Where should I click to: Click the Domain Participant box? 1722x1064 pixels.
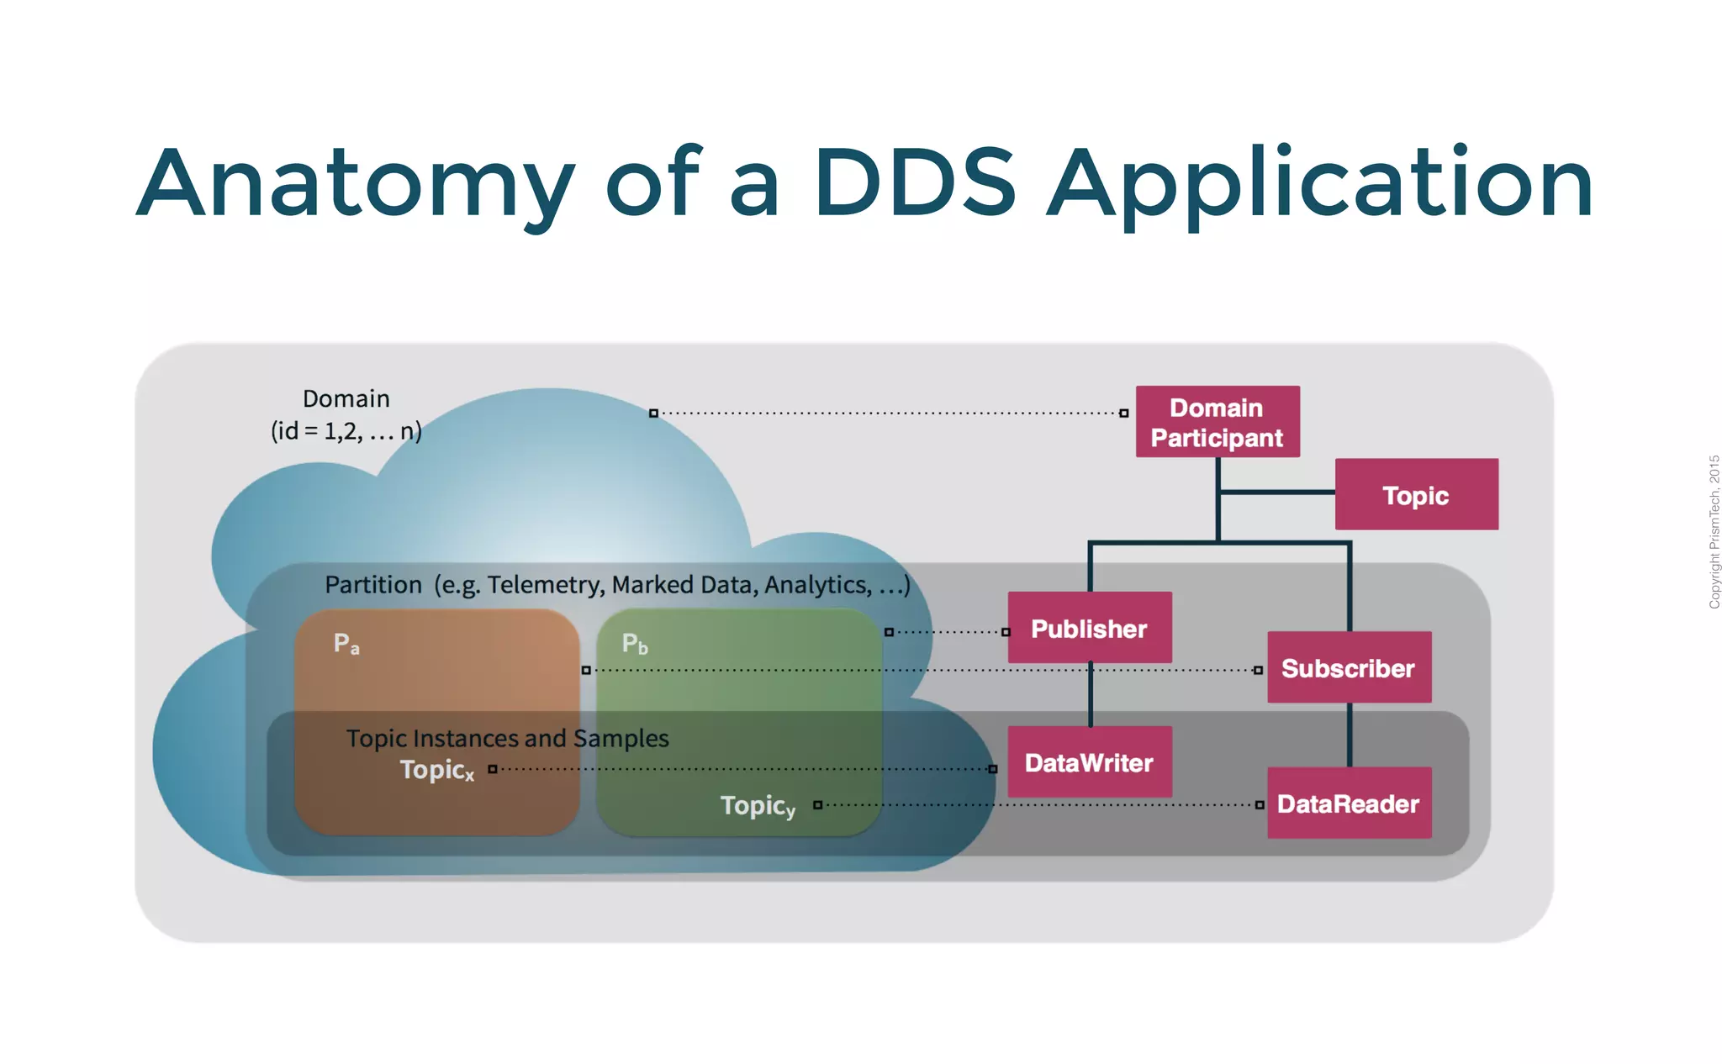click(1217, 422)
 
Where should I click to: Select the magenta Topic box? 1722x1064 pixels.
click(1416, 494)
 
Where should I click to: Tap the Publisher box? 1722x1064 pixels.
click(1089, 628)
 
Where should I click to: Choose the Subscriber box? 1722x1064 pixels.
click(1349, 667)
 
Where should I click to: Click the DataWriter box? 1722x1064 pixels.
click(1089, 762)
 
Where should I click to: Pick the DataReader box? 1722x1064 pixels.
click(1349, 803)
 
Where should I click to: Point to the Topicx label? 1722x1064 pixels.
click(436, 770)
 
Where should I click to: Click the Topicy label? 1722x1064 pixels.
click(757, 806)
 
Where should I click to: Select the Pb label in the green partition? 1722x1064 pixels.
click(635, 644)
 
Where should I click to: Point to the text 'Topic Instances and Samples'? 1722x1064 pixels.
click(507, 738)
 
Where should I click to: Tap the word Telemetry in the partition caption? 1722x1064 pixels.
click(546, 584)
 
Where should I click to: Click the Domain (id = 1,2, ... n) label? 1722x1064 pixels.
click(346, 414)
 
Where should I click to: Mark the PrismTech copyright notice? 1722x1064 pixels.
click(1714, 531)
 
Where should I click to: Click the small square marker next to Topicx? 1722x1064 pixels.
click(493, 769)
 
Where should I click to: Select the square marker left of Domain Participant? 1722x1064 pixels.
click(1123, 413)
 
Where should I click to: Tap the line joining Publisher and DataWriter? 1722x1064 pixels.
click(1091, 695)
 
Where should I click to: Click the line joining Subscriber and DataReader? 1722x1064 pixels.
click(1350, 735)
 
